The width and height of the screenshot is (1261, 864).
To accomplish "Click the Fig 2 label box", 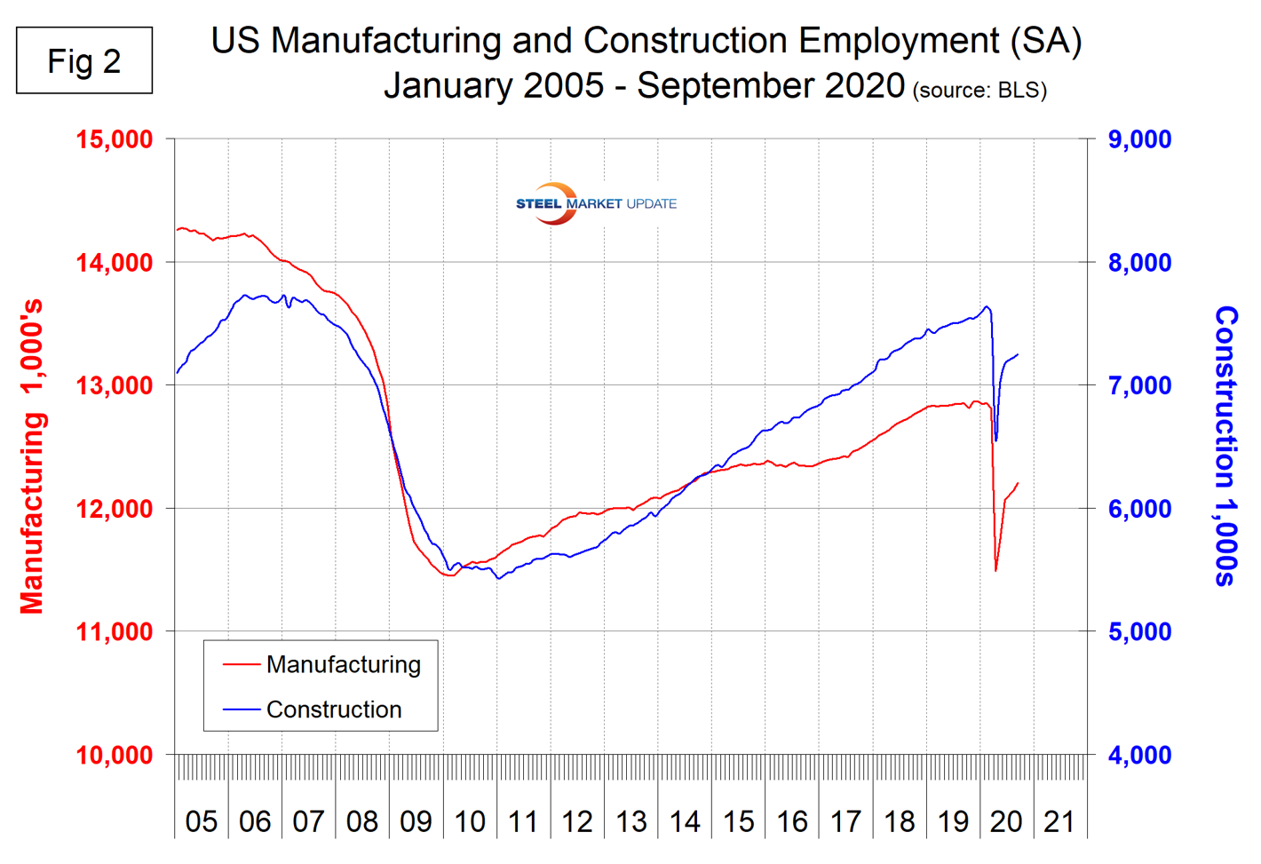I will click(84, 60).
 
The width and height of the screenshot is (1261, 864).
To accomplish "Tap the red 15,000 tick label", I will click(114, 139).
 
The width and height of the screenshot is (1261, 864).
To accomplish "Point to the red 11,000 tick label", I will click(114, 631).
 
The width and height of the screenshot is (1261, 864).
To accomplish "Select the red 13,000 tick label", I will click(114, 385).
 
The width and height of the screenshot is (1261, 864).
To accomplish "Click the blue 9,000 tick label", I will click(1139, 139).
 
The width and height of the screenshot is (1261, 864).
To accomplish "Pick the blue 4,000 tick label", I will click(1139, 755).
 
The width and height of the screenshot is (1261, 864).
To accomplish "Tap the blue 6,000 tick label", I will click(1139, 509).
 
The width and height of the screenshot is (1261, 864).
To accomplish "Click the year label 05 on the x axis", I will click(202, 821).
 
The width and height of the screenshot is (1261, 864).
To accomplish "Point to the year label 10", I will click(470, 821).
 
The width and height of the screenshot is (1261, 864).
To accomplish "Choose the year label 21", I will click(1059, 821).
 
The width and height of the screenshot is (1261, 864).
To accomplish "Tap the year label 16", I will click(791, 821).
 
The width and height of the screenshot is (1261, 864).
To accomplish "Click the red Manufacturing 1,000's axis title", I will click(32, 456).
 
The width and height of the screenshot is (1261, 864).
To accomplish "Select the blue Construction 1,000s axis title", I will click(1225, 446).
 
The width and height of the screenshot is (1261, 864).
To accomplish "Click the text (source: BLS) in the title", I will click(979, 90).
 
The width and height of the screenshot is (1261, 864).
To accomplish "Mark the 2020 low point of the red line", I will click(995, 570).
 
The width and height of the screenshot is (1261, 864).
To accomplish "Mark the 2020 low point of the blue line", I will click(995, 440).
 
